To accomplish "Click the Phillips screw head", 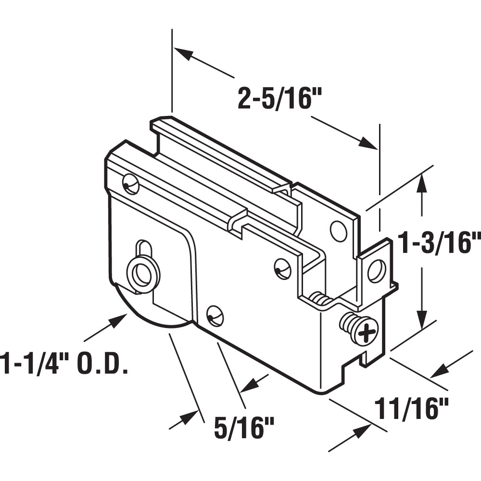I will click(x=367, y=331).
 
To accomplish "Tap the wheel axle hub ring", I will click(x=142, y=276).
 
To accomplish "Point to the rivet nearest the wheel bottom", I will click(x=215, y=315).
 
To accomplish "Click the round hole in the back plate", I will click(x=339, y=231).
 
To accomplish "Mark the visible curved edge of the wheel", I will click(x=144, y=317).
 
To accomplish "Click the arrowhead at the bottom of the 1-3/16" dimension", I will click(x=422, y=320).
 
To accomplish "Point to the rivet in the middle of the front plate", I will click(x=282, y=268).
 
